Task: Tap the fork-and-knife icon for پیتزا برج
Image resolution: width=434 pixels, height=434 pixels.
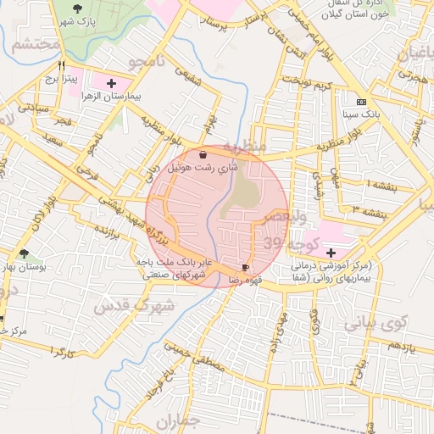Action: (61, 64)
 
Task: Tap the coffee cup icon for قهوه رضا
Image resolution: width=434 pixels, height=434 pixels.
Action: (245, 267)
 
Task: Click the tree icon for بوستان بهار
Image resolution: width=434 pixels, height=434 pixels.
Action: (23, 253)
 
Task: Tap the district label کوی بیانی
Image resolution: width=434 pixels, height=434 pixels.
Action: (376, 322)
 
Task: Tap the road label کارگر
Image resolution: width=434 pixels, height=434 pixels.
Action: (63, 349)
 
